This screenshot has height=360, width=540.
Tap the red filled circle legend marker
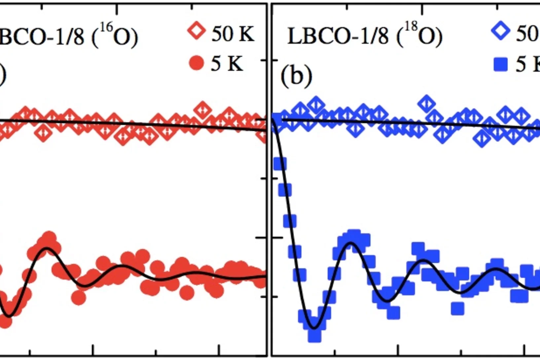[196, 63]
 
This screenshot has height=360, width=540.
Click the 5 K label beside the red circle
[227, 63]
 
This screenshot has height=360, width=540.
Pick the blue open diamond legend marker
[501, 31]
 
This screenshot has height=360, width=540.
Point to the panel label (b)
[296, 76]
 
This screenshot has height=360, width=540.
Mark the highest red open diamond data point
[202, 110]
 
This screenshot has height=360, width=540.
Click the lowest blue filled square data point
[314, 336]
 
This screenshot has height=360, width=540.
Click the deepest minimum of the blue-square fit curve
[314, 328]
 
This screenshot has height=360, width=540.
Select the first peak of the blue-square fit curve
[351, 243]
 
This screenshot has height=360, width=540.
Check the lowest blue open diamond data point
[482, 139]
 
